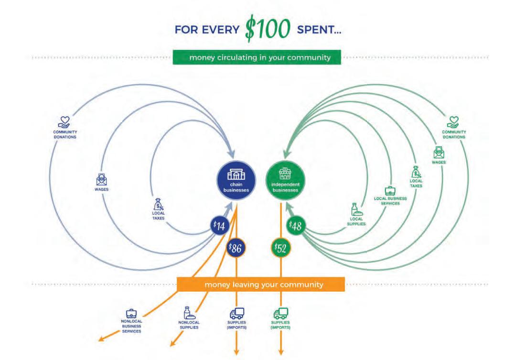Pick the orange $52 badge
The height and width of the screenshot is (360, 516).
coord(281,248)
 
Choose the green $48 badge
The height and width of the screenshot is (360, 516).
coord(296,226)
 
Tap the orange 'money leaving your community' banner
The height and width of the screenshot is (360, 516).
coord(261,284)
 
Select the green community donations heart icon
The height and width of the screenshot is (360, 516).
coord(453,122)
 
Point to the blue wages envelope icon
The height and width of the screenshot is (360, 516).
coord(101,180)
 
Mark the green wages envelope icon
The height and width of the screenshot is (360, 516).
coord(439,153)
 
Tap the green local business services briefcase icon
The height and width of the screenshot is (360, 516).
coord(390,190)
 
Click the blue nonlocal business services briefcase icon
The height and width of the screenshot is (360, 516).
coord(131,314)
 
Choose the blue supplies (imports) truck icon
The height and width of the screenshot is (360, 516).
coord(236,313)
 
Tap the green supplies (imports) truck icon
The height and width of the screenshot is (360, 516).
coord(280,313)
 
